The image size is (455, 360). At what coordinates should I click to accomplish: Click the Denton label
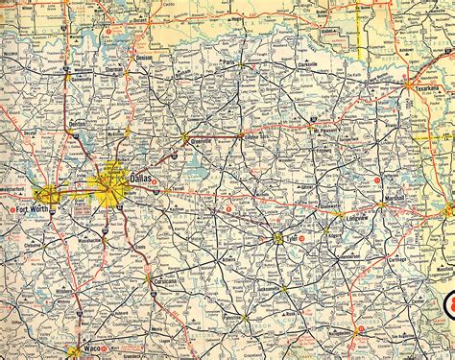79,125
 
